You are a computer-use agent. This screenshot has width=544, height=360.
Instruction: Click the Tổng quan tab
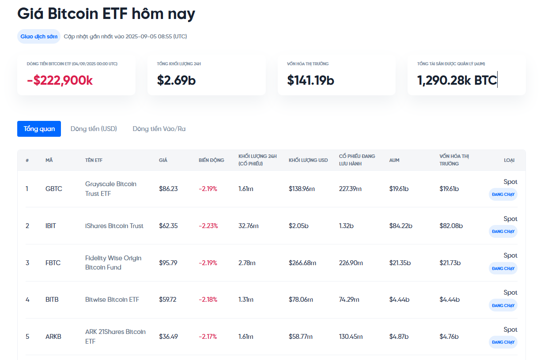39,129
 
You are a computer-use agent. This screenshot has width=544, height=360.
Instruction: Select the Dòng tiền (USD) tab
94,129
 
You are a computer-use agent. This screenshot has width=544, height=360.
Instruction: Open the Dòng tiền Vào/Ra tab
159,129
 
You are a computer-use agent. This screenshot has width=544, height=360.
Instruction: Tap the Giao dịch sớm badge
39,36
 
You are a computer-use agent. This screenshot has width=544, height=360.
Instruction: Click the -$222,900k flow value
60,80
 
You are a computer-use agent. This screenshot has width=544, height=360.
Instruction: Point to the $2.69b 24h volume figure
176,80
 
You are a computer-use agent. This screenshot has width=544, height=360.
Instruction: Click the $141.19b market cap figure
310,80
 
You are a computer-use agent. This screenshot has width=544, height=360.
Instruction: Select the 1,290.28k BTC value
457,80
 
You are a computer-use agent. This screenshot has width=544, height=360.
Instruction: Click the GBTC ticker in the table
54,189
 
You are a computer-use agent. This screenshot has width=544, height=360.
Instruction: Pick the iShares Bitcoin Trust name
114,226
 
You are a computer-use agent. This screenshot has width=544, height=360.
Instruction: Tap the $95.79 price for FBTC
168,263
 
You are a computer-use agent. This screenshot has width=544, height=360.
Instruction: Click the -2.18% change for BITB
208,300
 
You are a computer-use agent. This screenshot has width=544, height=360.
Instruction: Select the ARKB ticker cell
53,337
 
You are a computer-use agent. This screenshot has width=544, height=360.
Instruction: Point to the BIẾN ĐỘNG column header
211,160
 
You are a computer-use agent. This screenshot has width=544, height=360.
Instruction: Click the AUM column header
394,160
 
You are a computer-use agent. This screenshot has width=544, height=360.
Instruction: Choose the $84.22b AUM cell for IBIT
400,226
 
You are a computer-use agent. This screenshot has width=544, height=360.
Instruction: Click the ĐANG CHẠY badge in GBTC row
503,195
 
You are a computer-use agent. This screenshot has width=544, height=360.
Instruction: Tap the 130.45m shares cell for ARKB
351,337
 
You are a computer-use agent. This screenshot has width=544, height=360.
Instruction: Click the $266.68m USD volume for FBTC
302,263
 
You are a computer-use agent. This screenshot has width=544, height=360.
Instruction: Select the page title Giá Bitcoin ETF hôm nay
106,14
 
